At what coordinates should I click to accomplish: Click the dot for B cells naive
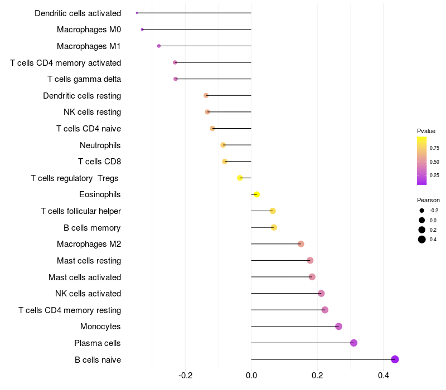click(x=395, y=359)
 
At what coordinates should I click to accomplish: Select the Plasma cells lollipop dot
click(x=353, y=343)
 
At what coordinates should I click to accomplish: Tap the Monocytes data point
click(x=338, y=326)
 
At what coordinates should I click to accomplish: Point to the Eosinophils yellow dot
click(x=256, y=194)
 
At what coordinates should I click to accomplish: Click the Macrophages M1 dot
click(x=159, y=46)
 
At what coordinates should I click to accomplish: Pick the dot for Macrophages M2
click(x=301, y=244)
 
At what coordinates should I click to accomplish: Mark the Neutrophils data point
click(x=223, y=145)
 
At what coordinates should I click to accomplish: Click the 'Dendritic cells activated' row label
click(x=77, y=13)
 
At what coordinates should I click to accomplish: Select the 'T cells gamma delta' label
click(x=84, y=79)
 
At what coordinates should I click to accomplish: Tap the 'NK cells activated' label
click(x=88, y=294)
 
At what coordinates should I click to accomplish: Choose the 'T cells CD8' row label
click(x=99, y=162)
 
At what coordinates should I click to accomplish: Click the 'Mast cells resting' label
click(x=89, y=261)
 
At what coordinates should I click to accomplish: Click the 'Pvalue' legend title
click(x=426, y=131)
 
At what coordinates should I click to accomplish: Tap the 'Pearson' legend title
click(x=428, y=200)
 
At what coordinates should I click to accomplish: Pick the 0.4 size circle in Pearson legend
click(x=422, y=240)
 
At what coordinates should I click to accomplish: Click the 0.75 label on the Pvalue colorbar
click(x=434, y=148)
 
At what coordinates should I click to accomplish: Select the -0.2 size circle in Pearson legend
click(x=422, y=211)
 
